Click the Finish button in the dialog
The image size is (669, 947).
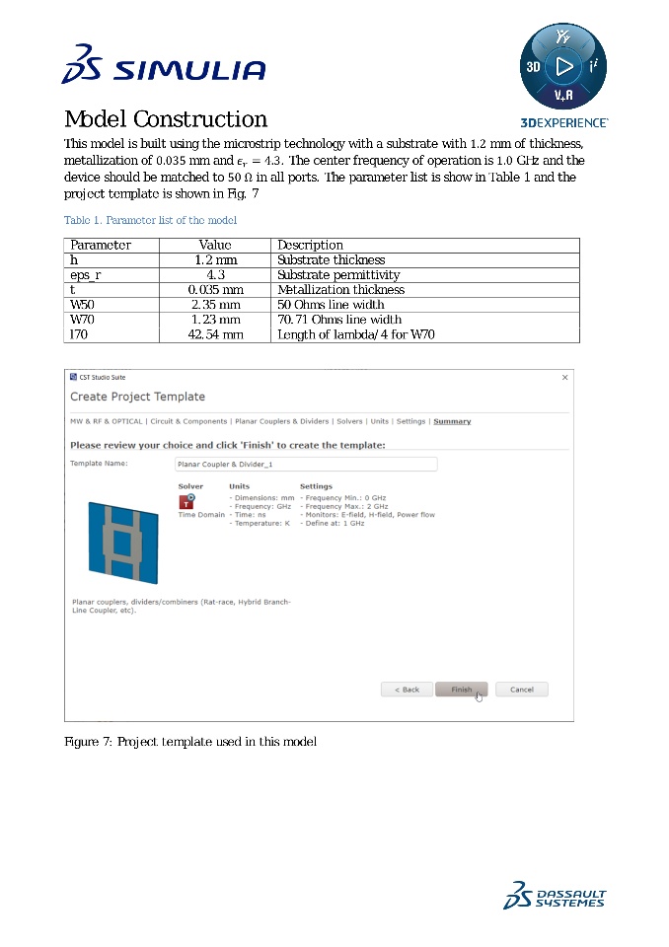pyautogui.click(x=461, y=690)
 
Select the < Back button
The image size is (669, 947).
pyautogui.click(x=407, y=690)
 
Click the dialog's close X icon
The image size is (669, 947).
pyautogui.click(x=564, y=377)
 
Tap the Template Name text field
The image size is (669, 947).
pyautogui.click(x=305, y=464)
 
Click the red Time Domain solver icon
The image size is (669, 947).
pyautogui.click(x=186, y=502)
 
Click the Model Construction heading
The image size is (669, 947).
pyautogui.click(x=166, y=119)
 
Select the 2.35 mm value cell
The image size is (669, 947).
pyautogui.click(x=215, y=305)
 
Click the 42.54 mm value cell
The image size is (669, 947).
pyautogui.click(x=215, y=334)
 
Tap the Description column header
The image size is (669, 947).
pyautogui.click(x=310, y=245)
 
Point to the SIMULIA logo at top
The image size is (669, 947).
pyautogui.click(x=164, y=65)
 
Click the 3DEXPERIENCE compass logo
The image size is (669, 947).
pyautogui.click(x=563, y=67)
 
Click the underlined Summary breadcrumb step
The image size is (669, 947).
pyautogui.click(x=452, y=421)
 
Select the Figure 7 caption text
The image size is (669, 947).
pyautogui.click(x=190, y=741)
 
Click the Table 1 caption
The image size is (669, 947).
pyautogui.click(x=150, y=220)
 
